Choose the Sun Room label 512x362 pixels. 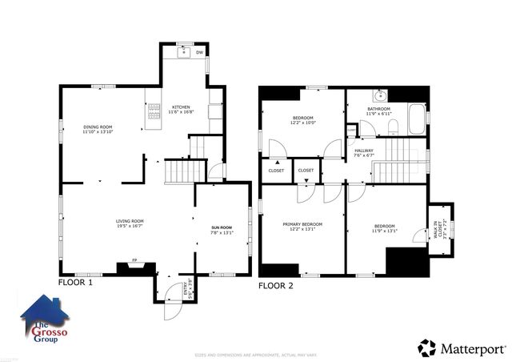(x=222, y=228)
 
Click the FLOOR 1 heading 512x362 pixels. (x=75, y=283)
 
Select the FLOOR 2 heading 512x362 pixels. (x=275, y=285)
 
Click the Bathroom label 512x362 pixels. (x=378, y=108)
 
